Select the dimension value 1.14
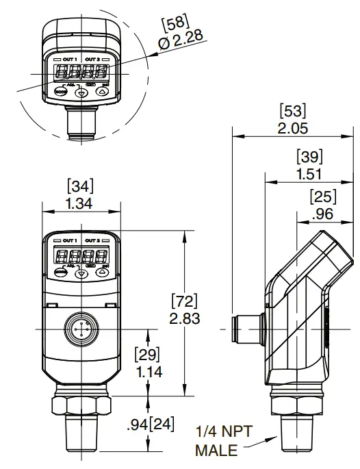(x=147, y=372)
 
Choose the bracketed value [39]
(x=309, y=155)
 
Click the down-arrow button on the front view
(x=82, y=272)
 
